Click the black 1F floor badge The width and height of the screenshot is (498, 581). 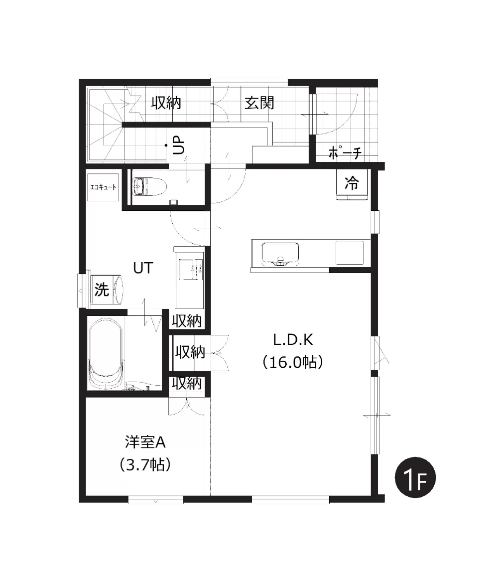point(415,477)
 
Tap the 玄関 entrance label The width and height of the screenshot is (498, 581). point(259,103)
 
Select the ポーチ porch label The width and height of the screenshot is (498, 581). point(345,152)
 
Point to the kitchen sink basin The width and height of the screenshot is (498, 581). point(280,254)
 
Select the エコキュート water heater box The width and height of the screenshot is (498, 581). point(103,187)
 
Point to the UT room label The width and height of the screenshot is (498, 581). point(143,268)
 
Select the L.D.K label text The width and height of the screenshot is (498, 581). point(293,339)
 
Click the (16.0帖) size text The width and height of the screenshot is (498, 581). point(293,362)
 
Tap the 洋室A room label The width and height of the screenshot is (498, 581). point(145,442)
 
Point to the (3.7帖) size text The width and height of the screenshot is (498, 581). point(145,464)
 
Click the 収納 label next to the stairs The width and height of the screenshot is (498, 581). point(166,103)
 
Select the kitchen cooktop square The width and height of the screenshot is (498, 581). point(350,253)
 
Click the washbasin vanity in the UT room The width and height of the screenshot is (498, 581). point(190,277)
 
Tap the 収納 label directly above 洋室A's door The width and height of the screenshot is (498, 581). point(187,383)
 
